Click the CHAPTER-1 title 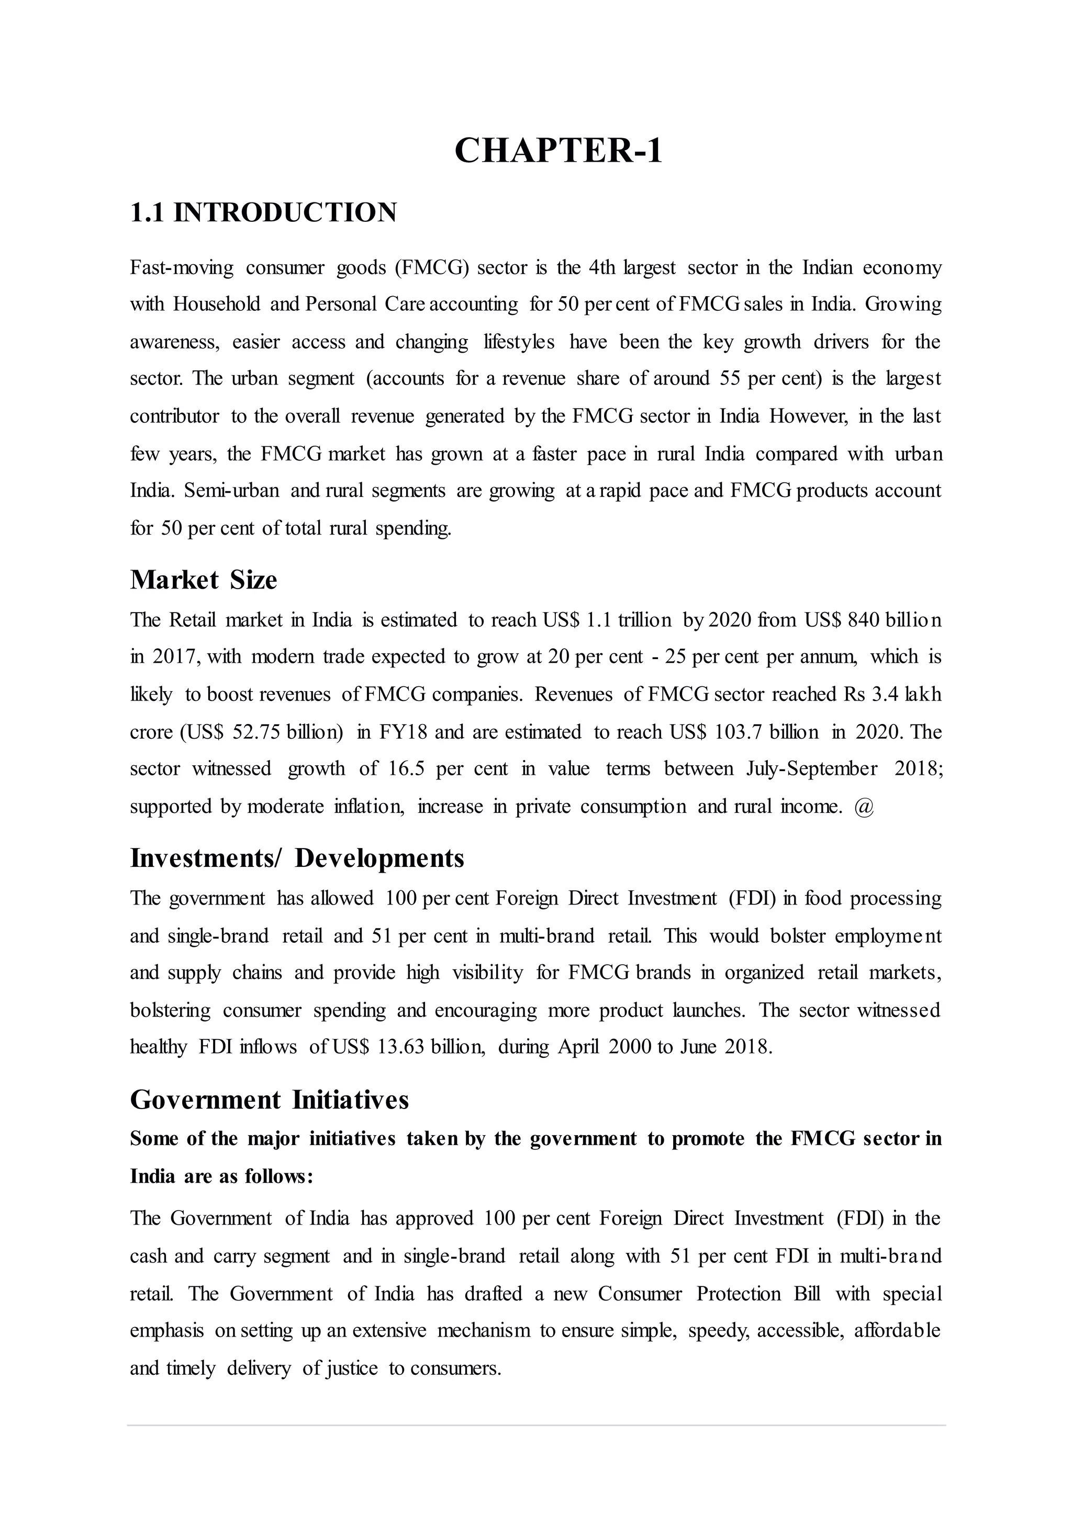coord(558,151)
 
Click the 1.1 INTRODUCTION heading coord(263,212)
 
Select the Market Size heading coord(203,579)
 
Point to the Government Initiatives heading coord(270,1099)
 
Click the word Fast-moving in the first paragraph coord(182,268)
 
